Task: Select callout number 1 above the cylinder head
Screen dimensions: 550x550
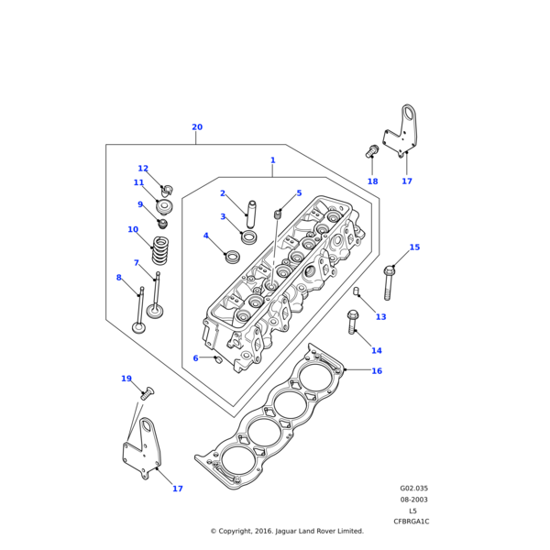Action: coord(272,160)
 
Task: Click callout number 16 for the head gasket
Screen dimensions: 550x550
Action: coord(377,371)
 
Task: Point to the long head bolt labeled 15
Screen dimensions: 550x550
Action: coord(390,284)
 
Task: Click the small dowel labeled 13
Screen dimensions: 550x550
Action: coord(357,291)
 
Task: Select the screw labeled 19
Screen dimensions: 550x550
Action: coord(147,394)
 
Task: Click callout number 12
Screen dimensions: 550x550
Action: coord(143,169)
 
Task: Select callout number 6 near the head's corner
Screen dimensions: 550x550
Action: coord(195,357)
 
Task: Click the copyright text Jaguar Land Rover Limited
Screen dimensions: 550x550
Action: coord(287,531)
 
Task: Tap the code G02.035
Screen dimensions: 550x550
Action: coord(413,489)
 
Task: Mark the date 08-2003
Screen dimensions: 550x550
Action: coord(413,500)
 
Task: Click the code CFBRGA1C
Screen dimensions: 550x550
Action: coord(412,522)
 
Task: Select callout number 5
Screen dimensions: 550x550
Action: coord(299,193)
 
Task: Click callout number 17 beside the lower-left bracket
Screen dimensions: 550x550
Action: coord(178,489)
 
